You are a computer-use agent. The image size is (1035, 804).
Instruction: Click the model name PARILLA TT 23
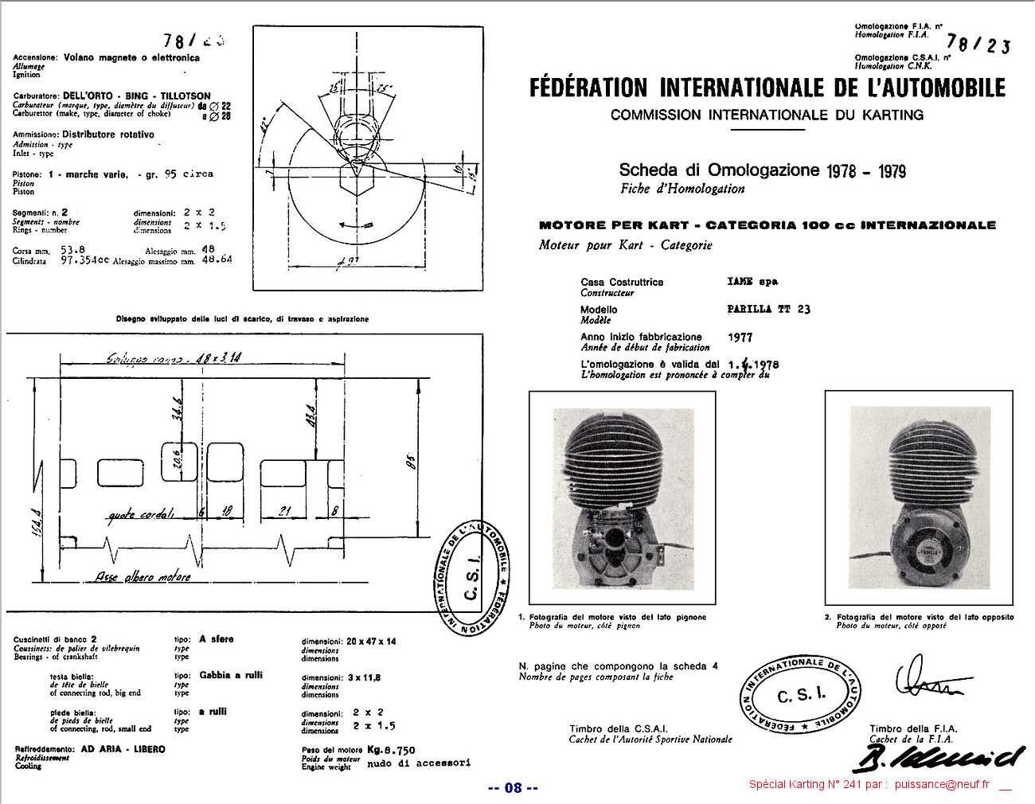(x=768, y=309)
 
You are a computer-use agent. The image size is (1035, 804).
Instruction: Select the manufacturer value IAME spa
(x=752, y=281)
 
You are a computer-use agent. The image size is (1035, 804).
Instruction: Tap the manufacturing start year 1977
(x=740, y=338)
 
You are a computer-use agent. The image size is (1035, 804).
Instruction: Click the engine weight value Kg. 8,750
(x=391, y=750)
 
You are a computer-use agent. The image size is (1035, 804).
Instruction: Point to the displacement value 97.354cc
(x=84, y=260)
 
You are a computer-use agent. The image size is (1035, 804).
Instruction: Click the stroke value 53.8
(x=72, y=249)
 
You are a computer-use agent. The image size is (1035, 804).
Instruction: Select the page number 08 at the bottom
(x=513, y=788)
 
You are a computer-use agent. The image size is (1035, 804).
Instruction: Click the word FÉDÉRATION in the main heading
(x=588, y=88)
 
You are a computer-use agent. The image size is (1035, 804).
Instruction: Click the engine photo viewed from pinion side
(x=622, y=497)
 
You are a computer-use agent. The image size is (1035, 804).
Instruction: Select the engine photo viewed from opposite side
(x=920, y=497)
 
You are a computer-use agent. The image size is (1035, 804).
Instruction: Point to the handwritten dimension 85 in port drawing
(x=411, y=462)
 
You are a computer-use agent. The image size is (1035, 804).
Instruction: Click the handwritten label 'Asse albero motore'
(x=143, y=576)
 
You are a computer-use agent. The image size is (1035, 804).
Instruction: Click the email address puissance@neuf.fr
(x=941, y=784)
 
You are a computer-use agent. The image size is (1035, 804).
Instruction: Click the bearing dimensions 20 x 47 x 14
(x=371, y=641)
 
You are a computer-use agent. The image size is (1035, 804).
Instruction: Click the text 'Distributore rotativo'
(x=108, y=135)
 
